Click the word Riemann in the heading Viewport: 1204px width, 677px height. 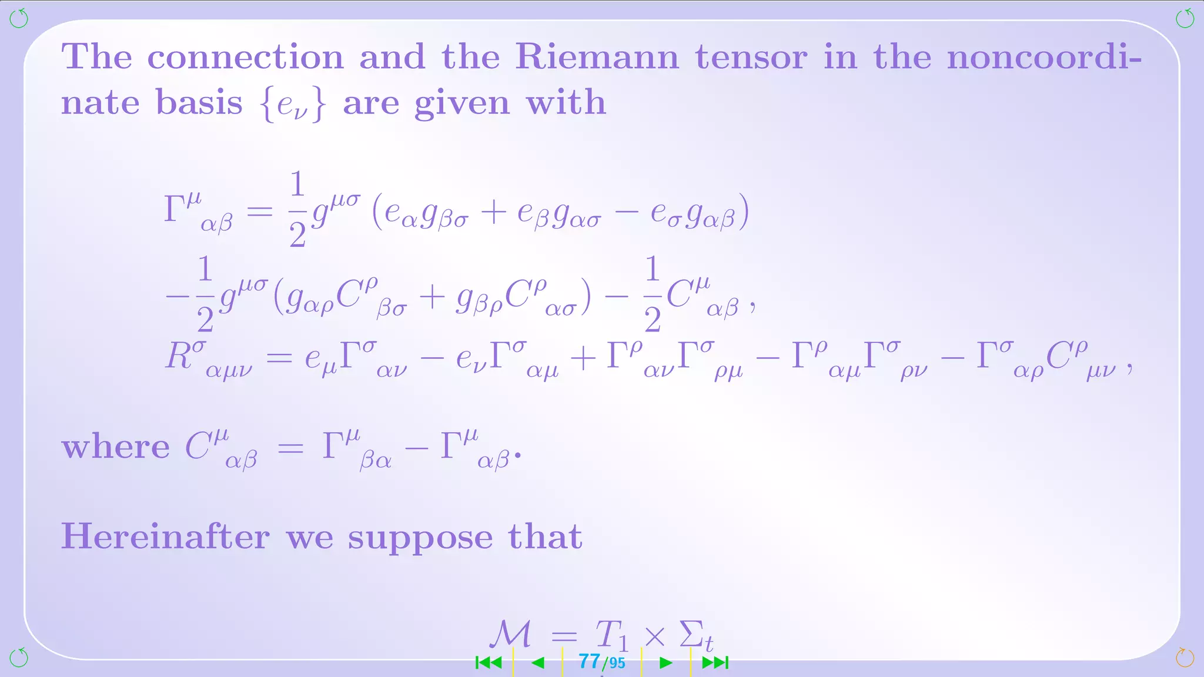click(x=597, y=57)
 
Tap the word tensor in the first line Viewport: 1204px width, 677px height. click(x=751, y=58)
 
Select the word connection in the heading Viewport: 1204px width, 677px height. click(x=245, y=58)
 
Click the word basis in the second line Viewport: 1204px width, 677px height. click(x=199, y=103)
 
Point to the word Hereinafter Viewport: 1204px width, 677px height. click(x=165, y=537)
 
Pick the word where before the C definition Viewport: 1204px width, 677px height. click(x=115, y=447)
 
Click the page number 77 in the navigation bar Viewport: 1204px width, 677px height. click(x=589, y=662)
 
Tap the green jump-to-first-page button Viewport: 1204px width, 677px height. click(x=489, y=663)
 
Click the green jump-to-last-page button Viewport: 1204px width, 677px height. click(x=715, y=663)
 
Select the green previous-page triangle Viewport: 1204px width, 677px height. click(x=537, y=663)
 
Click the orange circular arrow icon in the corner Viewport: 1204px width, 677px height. click(x=1185, y=658)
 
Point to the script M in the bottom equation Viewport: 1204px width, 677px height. click(x=510, y=635)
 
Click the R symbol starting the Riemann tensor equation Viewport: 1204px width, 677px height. click(x=179, y=356)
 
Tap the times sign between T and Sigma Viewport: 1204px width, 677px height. click(x=654, y=636)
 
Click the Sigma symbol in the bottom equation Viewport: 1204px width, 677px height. click(x=692, y=635)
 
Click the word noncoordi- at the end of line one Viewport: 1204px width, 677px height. click(x=1044, y=58)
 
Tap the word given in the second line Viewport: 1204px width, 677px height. click(x=462, y=105)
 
